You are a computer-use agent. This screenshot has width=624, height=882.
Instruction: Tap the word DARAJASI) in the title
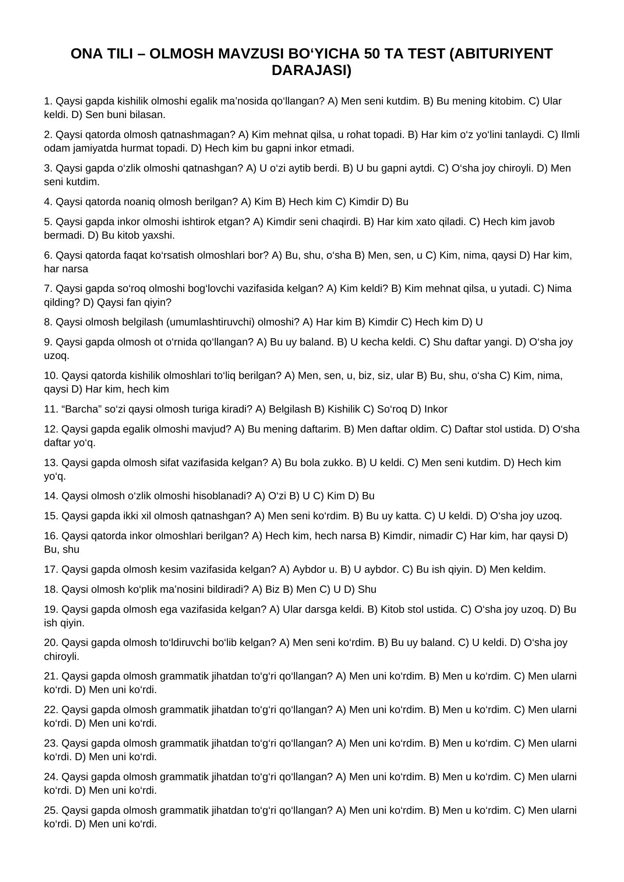(x=312, y=70)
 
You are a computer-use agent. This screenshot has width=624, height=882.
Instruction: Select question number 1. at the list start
(x=48, y=101)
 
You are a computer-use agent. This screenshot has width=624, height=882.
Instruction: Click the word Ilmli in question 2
(x=570, y=135)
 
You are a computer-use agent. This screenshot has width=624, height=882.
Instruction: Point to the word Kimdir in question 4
(x=361, y=202)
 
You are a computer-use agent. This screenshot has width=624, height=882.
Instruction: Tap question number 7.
(x=48, y=288)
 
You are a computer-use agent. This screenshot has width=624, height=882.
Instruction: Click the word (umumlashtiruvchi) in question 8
(x=211, y=322)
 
